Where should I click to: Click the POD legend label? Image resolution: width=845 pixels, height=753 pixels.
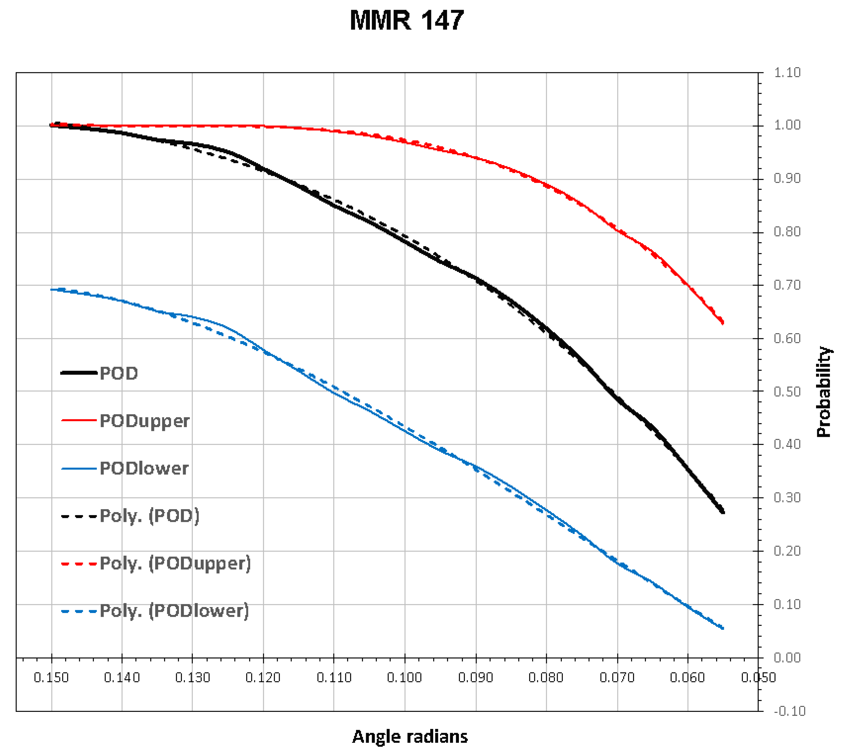(119, 373)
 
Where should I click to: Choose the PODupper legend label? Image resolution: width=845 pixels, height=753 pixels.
(144, 421)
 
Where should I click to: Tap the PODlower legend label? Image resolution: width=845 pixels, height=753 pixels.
(144, 468)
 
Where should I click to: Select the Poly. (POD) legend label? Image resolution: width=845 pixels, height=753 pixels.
(149, 516)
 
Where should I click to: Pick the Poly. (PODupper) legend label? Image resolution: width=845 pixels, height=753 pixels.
(175, 564)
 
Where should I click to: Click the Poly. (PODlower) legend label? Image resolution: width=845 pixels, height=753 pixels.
(174, 611)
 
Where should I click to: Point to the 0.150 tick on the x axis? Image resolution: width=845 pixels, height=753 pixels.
(51, 678)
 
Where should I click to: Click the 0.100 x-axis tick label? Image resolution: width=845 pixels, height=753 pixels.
(405, 678)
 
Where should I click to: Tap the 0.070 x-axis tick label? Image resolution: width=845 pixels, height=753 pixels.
(617, 678)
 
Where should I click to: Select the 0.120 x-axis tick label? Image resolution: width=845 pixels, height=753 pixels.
(263, 678)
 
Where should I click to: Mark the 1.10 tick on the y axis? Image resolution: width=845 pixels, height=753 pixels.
(787, 73)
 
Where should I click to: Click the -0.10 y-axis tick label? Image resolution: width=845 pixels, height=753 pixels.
(789, 711)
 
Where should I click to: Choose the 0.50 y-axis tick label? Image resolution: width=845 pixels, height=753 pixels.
(787, 392)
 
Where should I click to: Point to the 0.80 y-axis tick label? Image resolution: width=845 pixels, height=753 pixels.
(787, 232)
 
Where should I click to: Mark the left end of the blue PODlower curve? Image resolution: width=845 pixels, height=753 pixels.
(51, 290)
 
